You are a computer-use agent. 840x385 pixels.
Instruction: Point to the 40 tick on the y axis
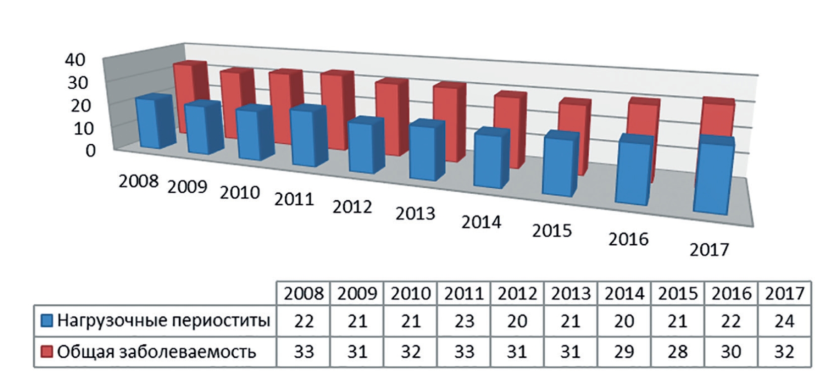pyautogui.click(x=75, y=60)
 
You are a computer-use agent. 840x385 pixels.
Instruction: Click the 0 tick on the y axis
pyautogui.click(x=90, y=150)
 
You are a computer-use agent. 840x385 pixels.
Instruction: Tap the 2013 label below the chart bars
pyautogui.click(x=415, y=213)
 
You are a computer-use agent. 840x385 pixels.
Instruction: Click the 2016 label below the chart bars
pyautogui.click(x=628, y=239)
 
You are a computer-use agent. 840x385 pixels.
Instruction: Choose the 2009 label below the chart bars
pyautogui.click(x=187, y=187)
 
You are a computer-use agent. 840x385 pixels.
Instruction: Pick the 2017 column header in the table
pyautogui.click(x=784, y=293)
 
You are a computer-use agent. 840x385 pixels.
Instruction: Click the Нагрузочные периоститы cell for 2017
pyautogui.click(x=784, y=321)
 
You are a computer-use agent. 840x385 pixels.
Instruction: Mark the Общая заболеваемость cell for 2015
pyautogui.click(x=677, y=351)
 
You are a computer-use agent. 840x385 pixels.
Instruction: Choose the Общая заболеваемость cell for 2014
pyautogui.click(x=624, y=351)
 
